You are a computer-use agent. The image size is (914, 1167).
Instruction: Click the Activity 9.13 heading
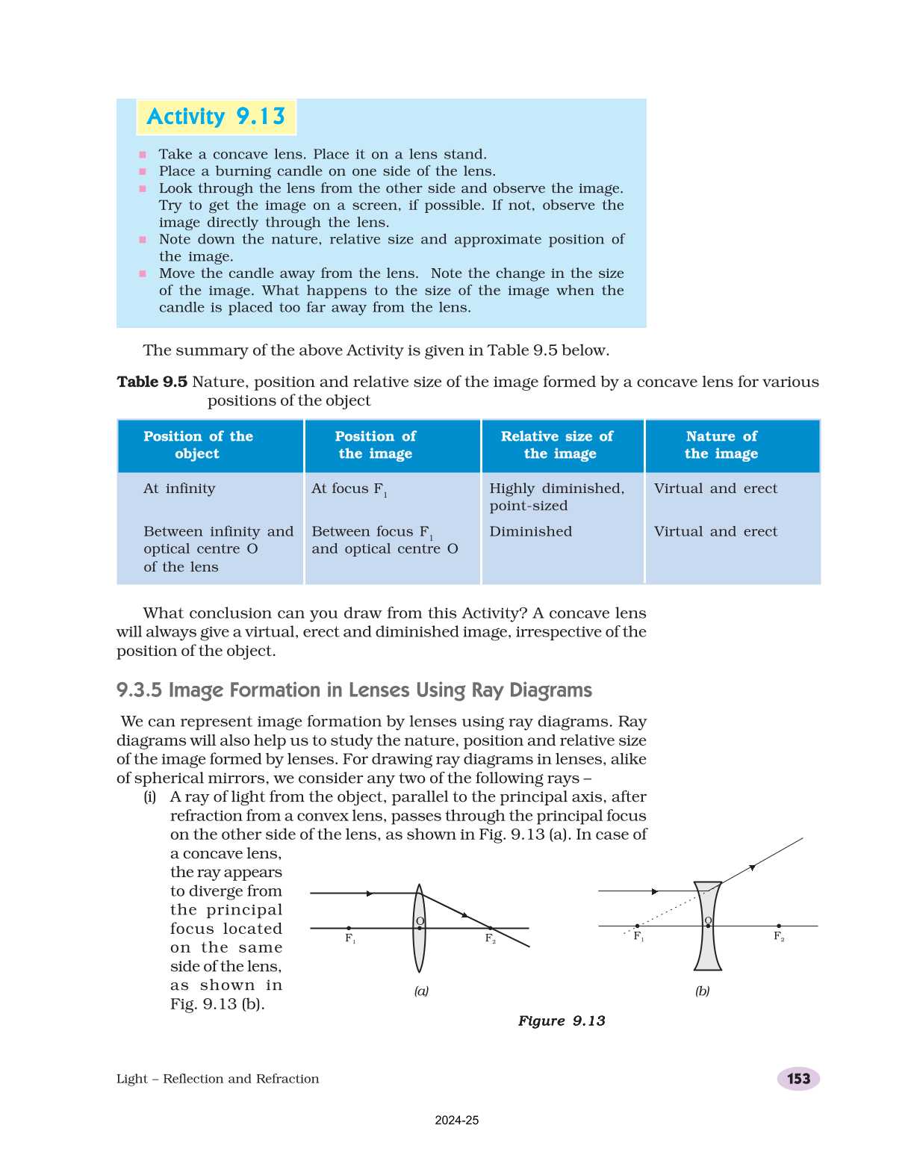pos(216,117)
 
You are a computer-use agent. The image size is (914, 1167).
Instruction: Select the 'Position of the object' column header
pos(198,445)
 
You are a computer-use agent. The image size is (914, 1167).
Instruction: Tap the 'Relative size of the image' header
pos(557,445)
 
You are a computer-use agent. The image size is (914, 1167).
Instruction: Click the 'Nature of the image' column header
pos(721,445)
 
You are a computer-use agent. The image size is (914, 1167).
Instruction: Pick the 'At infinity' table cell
pos(179,489)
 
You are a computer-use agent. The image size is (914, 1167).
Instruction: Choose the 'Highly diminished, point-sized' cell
pos(556,497)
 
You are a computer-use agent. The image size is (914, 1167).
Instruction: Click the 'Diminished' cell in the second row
pos(531,532)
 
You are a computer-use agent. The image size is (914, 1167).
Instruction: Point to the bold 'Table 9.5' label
pos(152,382)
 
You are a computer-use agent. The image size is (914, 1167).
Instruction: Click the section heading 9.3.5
pos(354,690)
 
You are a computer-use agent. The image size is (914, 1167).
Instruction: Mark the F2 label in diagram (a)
pos(491,939)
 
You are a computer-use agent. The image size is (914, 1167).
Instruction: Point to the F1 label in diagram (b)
pos(639,937)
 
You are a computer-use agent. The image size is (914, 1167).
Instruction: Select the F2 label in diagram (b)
pos(779,937)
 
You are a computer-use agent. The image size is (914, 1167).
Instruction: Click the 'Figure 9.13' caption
pos(562,1021)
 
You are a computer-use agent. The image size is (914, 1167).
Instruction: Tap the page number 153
pos(798,1079)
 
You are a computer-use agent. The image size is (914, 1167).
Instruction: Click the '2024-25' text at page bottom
pos(457,1121)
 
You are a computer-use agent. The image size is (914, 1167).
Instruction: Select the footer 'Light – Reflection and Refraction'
pos(217,1079)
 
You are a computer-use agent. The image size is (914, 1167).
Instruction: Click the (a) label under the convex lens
pos(421,991)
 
